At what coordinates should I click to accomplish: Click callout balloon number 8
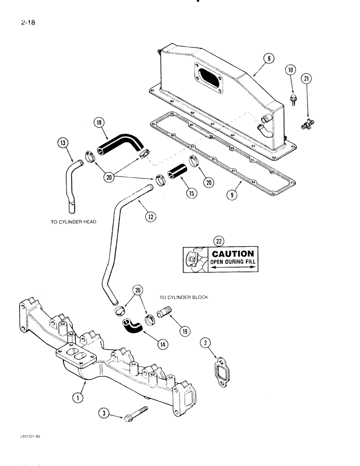pos(268,59)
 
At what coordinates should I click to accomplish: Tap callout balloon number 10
pos(291,71)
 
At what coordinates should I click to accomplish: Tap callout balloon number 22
pos(218,241)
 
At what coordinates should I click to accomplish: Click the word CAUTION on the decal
pos(233,254)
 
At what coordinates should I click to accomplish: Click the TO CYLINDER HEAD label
pos(73,222)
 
